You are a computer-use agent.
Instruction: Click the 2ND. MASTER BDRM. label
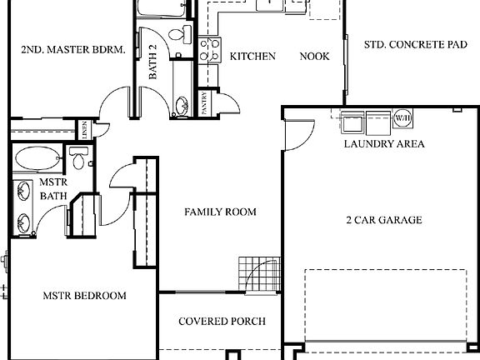(x=72, y=49)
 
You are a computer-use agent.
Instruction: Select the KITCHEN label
(x=252, y=57)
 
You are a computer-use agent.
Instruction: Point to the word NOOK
(x=315, y=57)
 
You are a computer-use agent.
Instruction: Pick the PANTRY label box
(x=205, y=102)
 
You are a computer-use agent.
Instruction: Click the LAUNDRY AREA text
(x=384, y=143)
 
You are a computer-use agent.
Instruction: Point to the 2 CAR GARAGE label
(x=383, y=220)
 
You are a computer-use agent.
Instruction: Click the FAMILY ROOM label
(x=220, y=212)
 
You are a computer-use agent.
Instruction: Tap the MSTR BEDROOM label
(x=84, y=295)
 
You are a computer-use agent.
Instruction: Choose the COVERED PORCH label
(x=222, y=321)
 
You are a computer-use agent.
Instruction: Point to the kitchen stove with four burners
(x=209, y=48)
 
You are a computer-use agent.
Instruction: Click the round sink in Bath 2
(x=181, y=106)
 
